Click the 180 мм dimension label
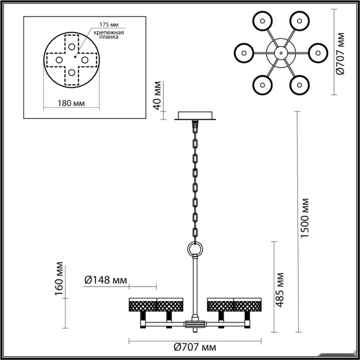coord(71,103)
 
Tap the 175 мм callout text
coord(109,25)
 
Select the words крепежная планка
coord(109,34)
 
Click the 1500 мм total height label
coord(305,218)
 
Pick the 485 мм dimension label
coord(280,290)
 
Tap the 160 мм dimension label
coord(59,279)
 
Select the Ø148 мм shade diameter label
coord(105,280)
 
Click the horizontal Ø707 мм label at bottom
coord(195,347)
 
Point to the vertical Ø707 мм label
coord(340,53)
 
